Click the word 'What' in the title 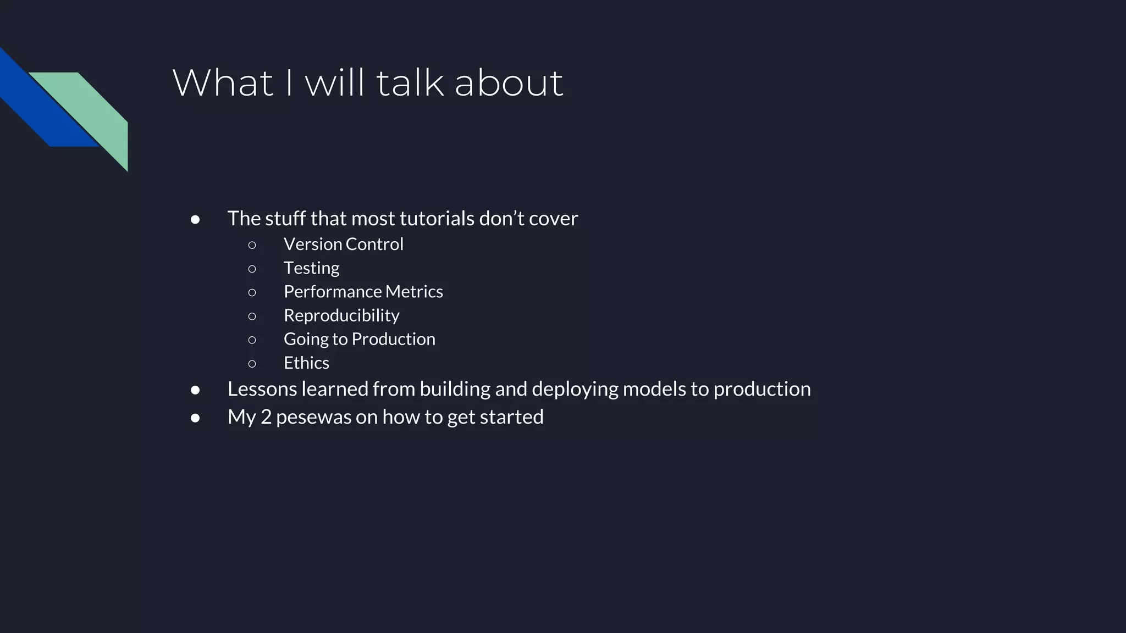(223, 84)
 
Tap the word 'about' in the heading (509, 84)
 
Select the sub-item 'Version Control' (343, 244)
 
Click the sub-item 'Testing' (311, 268)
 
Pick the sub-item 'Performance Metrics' (363, 292)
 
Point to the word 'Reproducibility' (341, 315)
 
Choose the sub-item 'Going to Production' (359, 339)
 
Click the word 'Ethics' (306, 363)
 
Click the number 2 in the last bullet (266, 417)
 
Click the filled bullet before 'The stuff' (195, 220)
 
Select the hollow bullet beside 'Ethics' (252, 363)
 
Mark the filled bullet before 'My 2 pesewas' (195, 418)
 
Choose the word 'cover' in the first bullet (553, 219)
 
